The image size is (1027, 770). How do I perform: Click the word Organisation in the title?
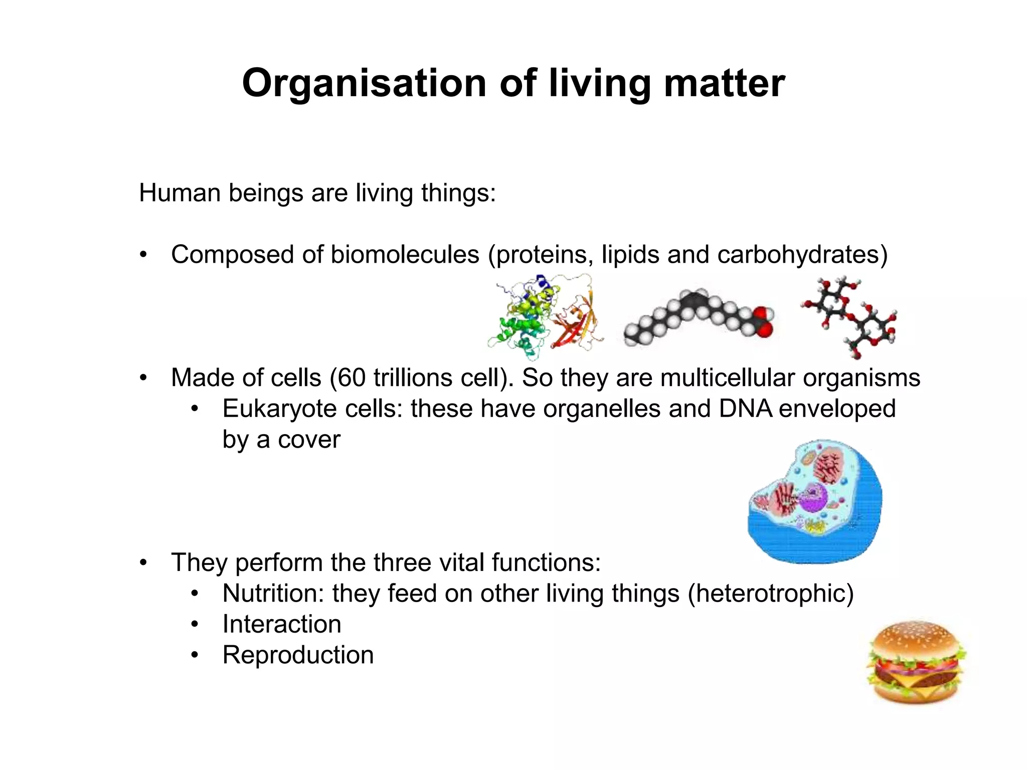[364, 83]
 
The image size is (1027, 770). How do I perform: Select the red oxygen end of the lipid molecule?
[763, 323]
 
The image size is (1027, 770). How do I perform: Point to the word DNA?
[746, 409]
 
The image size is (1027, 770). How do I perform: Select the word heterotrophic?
[770, 594]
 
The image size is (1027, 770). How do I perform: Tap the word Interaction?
[282, 625]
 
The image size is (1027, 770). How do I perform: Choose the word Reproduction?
[298, 656]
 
